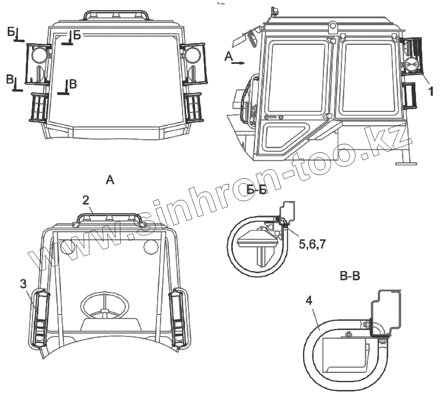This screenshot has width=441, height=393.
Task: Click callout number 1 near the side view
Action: click(x=430, y=91)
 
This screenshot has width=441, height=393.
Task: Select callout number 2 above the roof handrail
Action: click(x=86, y=200)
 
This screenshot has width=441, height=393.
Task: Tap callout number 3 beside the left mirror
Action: click(x=23, y=284)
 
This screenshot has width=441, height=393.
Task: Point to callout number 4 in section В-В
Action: click(x=309, y=301)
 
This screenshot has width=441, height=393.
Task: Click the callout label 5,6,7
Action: click(x=312, y=245)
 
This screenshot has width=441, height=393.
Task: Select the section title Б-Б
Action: click(x=257, y=190)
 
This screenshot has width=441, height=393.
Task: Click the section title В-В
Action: click(x=350, y=276)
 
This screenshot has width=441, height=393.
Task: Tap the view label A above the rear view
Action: click(x=110, y=180)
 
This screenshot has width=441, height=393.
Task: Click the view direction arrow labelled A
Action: click(x=238, y=63)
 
